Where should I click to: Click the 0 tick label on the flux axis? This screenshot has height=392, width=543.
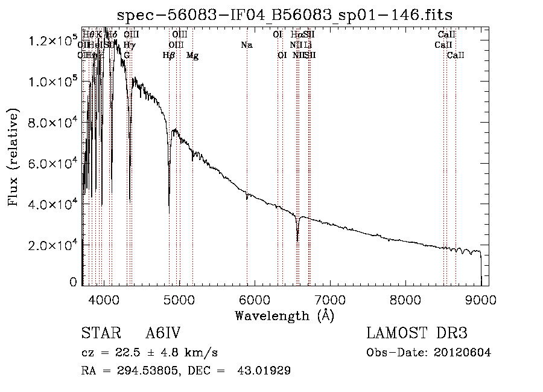tap(74, 282)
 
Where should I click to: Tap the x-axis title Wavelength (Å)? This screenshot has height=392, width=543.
tap(284, 315)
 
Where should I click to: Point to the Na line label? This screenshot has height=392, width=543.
tap(246, 45)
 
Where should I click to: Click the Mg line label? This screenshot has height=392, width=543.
tap(192, 56)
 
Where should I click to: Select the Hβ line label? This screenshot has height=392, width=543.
tap(169, 56)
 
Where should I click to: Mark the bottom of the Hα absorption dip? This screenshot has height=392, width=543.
tap(297, 240)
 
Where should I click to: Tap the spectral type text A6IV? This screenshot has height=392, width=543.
tap(162, 333)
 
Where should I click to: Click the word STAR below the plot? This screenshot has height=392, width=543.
tap(100, 333)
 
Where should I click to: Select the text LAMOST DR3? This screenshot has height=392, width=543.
tap(417, 333)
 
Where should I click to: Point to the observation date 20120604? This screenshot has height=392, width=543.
tap(462, 353)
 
